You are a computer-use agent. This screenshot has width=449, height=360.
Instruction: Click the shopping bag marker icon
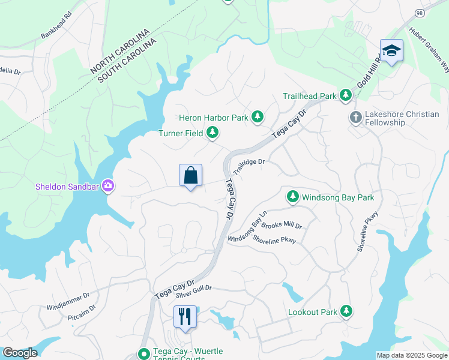pos(190,176)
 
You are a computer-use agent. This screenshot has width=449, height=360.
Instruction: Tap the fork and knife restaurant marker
pos(185,316)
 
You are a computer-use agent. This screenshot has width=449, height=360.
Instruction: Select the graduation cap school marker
pos(391,50)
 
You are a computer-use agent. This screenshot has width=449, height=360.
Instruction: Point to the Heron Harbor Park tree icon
pos(258,116)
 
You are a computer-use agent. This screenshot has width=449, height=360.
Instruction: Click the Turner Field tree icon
pos(212,133)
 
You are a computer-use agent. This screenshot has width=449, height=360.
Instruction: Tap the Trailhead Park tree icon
pos(345,95)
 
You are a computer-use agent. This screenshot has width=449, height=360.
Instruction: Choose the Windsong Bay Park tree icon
pos(292,196)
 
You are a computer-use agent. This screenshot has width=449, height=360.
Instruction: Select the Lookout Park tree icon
pos(346,311)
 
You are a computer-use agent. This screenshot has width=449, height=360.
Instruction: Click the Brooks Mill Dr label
pos(281,226)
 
